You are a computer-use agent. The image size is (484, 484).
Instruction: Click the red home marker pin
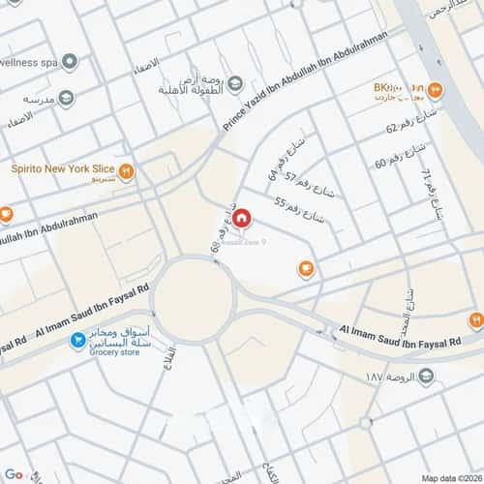click(x=244, y=221)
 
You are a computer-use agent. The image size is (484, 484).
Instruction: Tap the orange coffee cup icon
click(x=307, y=268)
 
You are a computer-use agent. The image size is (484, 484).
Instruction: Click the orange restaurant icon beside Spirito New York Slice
click(x=126, y=173)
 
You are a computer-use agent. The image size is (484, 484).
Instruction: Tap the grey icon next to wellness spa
click(x=70, y=61)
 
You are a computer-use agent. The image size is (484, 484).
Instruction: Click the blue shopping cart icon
click(x=75, y=342)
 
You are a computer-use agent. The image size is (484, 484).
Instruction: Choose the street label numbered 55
click(x=295, y=209)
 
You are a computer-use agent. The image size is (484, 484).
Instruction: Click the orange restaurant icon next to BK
click(x=435, y=92)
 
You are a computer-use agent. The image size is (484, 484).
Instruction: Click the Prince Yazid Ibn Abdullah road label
click(x=305, y=80)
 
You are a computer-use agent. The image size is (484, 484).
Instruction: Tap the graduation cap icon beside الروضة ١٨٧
click(x=426, y=376)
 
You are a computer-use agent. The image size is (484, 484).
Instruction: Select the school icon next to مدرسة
click(x=66, y=99)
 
